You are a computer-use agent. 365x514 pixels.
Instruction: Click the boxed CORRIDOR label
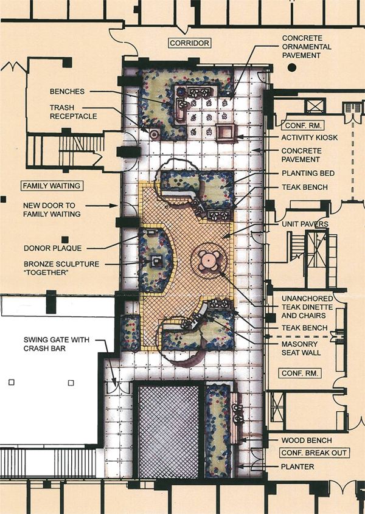pos(189,43)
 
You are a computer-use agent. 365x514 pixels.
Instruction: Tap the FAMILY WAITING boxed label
pos(52,186)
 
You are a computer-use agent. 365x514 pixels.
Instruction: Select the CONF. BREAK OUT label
pos(314,453)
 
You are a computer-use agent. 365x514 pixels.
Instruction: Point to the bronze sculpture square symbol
pos(156,262)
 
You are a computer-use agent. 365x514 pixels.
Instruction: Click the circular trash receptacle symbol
pos(154,133)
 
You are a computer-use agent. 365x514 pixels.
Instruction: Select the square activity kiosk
pos(226,133)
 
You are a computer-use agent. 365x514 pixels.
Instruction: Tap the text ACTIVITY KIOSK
pos(309,137)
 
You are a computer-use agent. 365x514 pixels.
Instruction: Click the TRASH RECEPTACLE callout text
pos(74,112)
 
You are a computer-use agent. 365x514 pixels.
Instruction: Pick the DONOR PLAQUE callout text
pos(52,248)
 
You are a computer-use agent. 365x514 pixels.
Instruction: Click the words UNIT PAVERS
pos(305,224)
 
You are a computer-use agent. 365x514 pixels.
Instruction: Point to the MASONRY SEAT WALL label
pos(301,349)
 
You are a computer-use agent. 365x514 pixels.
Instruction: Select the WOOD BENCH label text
pos(307,440)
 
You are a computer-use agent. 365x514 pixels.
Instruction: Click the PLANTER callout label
pos(297,467)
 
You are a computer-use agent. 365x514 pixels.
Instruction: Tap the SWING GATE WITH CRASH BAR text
pos(56,344)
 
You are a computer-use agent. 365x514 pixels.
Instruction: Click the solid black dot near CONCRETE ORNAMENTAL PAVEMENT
pos(292,68)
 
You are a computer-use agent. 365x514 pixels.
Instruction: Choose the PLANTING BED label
pos(308,173)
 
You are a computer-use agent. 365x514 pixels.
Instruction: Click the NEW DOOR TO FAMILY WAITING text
pos(52,210)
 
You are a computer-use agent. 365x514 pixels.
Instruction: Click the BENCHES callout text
pos(67,91)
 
